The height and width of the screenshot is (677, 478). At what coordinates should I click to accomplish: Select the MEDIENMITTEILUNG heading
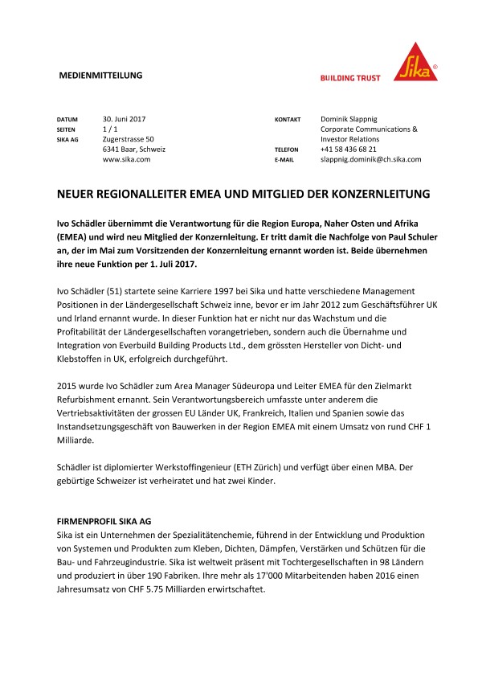101,75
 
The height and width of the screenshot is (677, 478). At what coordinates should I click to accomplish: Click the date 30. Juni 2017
129,118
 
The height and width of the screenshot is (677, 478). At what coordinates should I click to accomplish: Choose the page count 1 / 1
111,129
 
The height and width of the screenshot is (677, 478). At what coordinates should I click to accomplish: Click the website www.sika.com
126,160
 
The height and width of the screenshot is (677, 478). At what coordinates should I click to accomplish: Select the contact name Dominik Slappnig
353,118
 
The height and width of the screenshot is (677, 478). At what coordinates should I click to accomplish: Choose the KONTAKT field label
288,119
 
